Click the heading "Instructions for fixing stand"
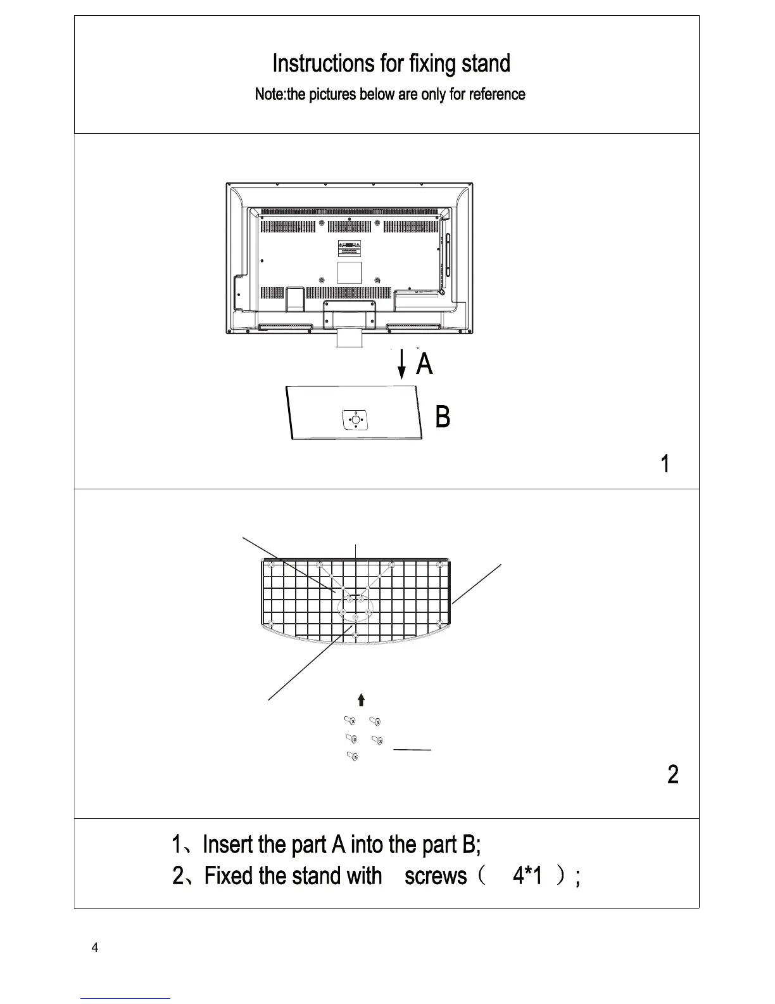coord(391,63)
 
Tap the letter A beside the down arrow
coord(425,364)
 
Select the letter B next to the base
coord(443,417)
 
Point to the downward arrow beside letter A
coord(401,364)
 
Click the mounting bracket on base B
coord(355,419)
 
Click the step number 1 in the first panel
coord(665,464)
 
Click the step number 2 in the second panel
coord(672,774)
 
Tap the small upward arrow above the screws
coord(361,699)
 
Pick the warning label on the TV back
coord(349,248)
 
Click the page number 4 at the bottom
coord(95,948)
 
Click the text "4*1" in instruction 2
coord(527,876)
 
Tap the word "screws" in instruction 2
coord(435,876)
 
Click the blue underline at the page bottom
coord(125,998)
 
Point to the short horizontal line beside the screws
coord(412,750)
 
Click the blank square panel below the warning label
coord(349,273)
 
